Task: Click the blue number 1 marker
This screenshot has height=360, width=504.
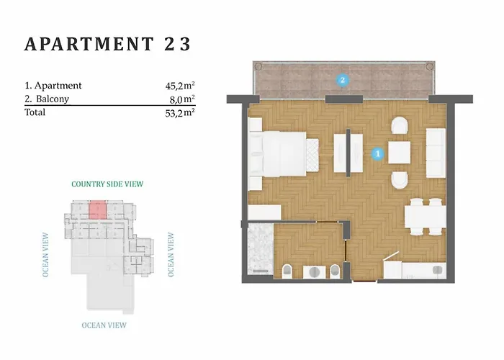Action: click(378, 153)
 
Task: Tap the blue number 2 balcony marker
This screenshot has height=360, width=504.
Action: click(342, 80)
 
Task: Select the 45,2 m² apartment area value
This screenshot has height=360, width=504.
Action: click(180, 86)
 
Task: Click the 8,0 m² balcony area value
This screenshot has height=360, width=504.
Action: click(182, 99)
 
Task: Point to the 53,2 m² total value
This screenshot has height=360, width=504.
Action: click(180, 112)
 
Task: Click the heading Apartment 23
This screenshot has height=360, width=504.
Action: click(108, 44)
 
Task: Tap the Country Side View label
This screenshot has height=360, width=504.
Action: click(107, 184)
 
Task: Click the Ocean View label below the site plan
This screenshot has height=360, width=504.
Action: click(104, 325)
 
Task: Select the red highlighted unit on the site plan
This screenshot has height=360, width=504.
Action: click(97, 210)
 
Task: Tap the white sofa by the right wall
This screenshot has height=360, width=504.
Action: click(436, 153)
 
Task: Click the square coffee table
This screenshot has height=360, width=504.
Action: click(399, 153)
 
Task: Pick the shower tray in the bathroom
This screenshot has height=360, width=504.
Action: click(261, 249)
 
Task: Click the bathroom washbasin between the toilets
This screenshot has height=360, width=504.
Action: click(315, 272)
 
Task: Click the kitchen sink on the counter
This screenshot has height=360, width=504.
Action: click(437, 270)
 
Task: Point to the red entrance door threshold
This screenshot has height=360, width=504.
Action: click(364, 282)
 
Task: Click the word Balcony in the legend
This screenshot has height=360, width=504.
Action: click(53, 99)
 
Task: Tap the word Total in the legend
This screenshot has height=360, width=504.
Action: click(35, 112)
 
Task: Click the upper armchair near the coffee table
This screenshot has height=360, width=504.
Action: click(400, 125)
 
